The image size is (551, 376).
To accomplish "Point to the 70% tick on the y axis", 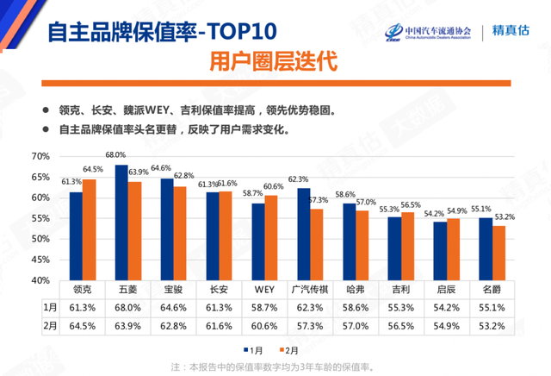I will click(42, 156).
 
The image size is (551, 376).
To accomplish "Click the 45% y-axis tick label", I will click(42, 260).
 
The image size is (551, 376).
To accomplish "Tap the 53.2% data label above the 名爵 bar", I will click(505, 216).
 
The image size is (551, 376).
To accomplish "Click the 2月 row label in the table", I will click(50, 327).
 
